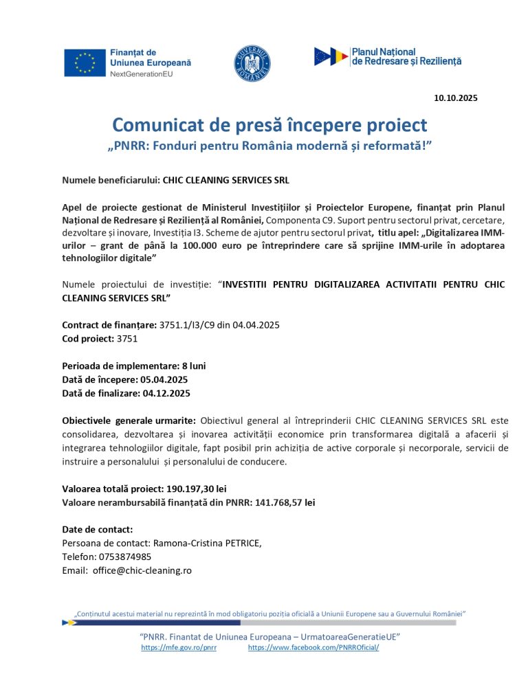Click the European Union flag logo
coord(85,63)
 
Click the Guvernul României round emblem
coord(254,62)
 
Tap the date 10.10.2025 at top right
coord(455,98)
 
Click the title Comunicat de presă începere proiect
coord(269,125)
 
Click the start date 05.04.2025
coord(165,379)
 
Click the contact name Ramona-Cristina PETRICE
coord(197,543)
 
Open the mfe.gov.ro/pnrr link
coord(179,647)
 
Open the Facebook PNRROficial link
coord(313,647)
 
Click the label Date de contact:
coord(97,529)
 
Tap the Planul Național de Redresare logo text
coord(406,56)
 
